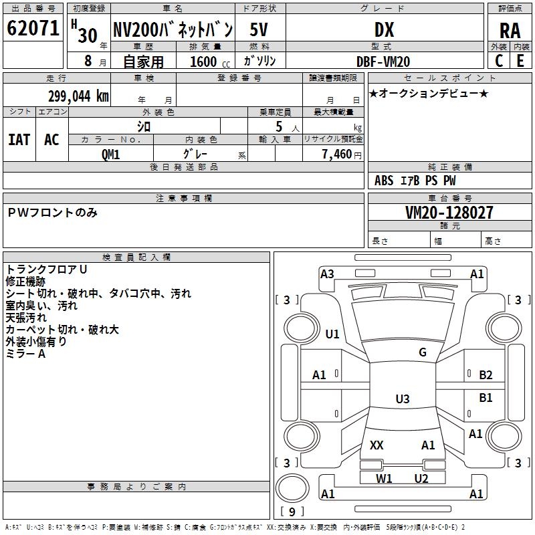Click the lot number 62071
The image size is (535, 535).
33,29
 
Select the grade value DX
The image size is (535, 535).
384,29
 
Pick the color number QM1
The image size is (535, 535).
111,154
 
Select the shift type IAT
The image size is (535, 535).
19,139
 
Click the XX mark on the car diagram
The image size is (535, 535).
377,445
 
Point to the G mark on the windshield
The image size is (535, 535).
423,352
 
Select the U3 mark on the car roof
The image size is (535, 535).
402,399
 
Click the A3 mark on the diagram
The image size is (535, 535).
327,274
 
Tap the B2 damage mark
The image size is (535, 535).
486,375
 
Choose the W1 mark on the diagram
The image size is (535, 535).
383,478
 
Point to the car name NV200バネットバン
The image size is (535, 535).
173,29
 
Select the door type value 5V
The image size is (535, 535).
261,29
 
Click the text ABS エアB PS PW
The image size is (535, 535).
415,181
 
